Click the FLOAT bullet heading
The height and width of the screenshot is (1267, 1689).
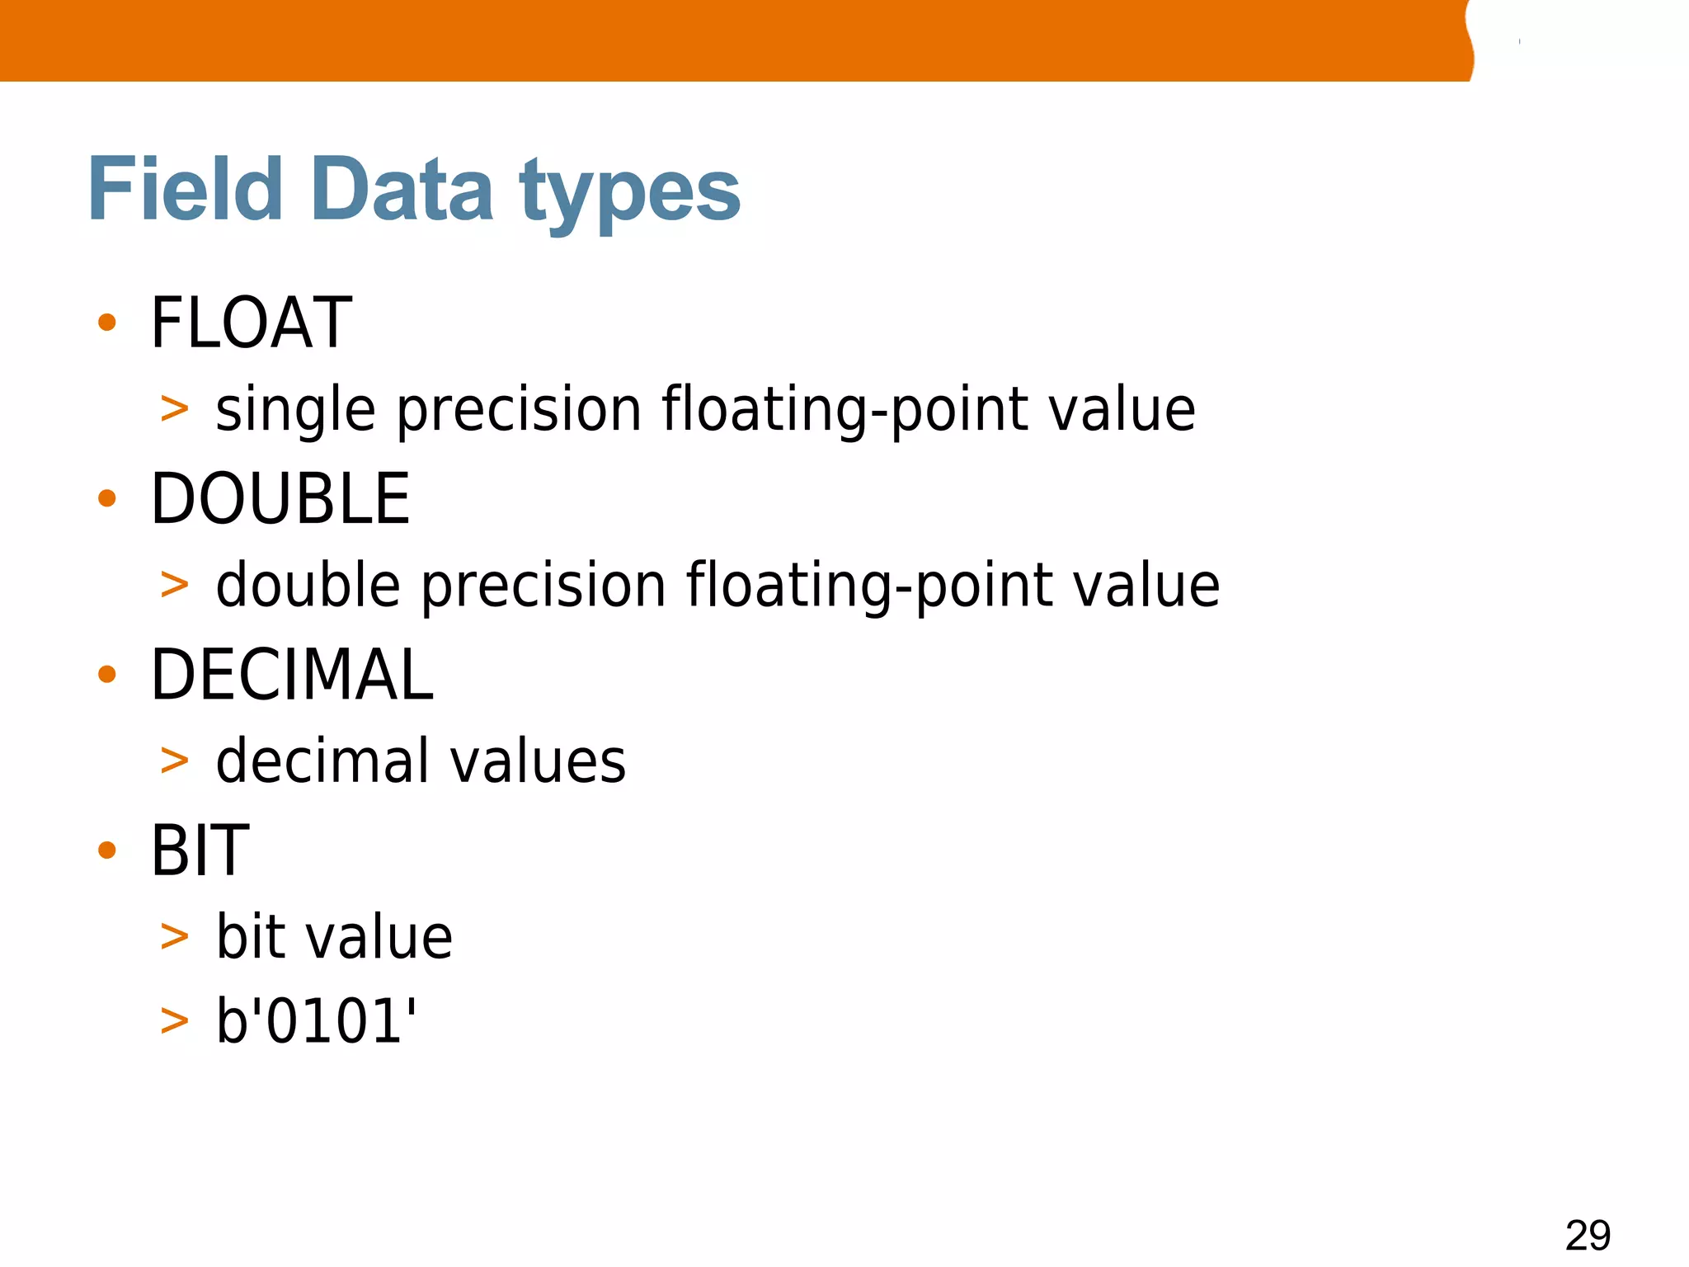pyautogui.click(x=251, y=323)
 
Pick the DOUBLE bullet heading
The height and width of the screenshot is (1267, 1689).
pyautogui.click(x=280, y=498)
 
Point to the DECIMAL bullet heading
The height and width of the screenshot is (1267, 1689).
pyautogui.click(x=292, y=675)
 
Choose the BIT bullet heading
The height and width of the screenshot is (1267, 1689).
pyautogui.click(x=200, y=850)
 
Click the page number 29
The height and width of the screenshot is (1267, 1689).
pyautogui.click(x=1588, y=1235)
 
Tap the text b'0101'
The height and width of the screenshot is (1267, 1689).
pyautogui.click(x=316, y=1021)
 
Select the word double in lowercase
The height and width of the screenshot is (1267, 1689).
pyautogui.click(x=308, y=586)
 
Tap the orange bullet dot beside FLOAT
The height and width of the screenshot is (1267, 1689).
pyautogui.click(x=107, y=323)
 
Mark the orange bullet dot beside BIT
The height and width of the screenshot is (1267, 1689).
pyautogui.click(x=107, y=850)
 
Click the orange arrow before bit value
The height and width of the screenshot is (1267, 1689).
pyautogui.click(x=175, y=937)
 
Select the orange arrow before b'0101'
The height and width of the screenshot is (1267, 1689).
pyautogui.click(x=175, y=1021)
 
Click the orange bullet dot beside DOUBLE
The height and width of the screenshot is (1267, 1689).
pyautogui.click(x=107, y=498)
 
